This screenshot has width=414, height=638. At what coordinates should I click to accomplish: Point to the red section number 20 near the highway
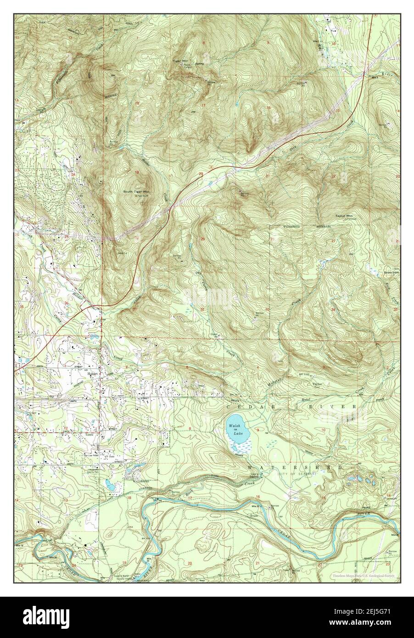tap(201, 174)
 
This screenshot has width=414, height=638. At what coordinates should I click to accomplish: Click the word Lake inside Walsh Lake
tap(237, 433)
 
